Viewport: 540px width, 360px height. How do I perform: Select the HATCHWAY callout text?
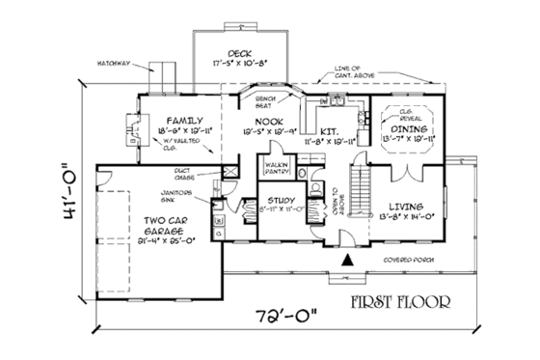tap(115, 65)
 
